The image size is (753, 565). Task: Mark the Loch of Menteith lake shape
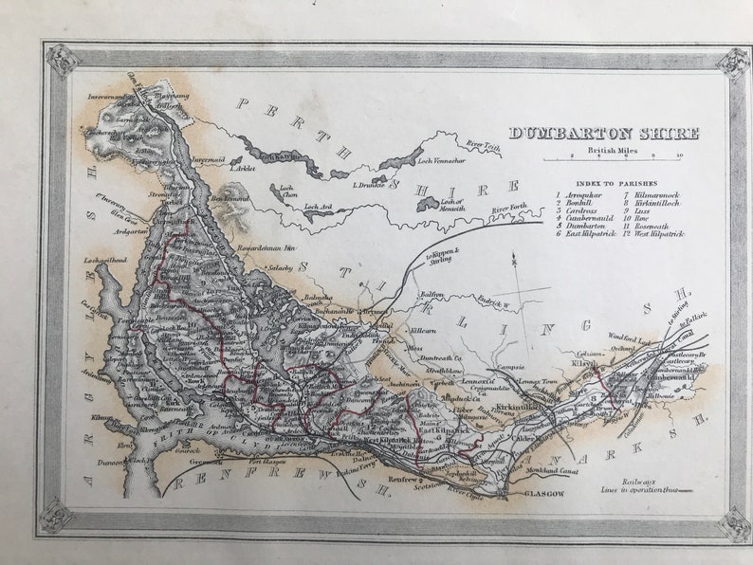tap(427, 203)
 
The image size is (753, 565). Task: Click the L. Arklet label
tap(242, 168)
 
